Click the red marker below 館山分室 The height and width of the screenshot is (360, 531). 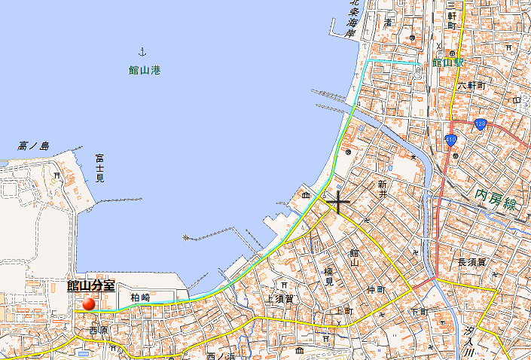(90, 304)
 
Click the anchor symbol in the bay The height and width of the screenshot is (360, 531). (141, 51)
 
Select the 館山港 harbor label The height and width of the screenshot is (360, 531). (145, 70)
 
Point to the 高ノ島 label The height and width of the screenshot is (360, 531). (34, 145)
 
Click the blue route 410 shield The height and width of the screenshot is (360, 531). (450, 139)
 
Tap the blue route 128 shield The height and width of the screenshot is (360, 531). (480, 124)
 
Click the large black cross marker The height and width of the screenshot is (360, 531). (338, 201)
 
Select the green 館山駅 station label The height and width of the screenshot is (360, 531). (447, 63)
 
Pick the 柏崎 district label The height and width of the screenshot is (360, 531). (140, 297)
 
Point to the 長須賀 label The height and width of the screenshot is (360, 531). (472, 262)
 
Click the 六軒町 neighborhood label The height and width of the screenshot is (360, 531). (473, 86)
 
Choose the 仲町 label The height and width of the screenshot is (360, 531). (377, 289)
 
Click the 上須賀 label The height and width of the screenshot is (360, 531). (279, 298)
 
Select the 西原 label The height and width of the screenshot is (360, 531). (99, 330)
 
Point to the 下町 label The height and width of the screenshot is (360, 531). (420, 311)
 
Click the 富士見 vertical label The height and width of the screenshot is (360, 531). (99, 168)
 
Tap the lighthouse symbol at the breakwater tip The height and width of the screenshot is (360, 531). (185, 238)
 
